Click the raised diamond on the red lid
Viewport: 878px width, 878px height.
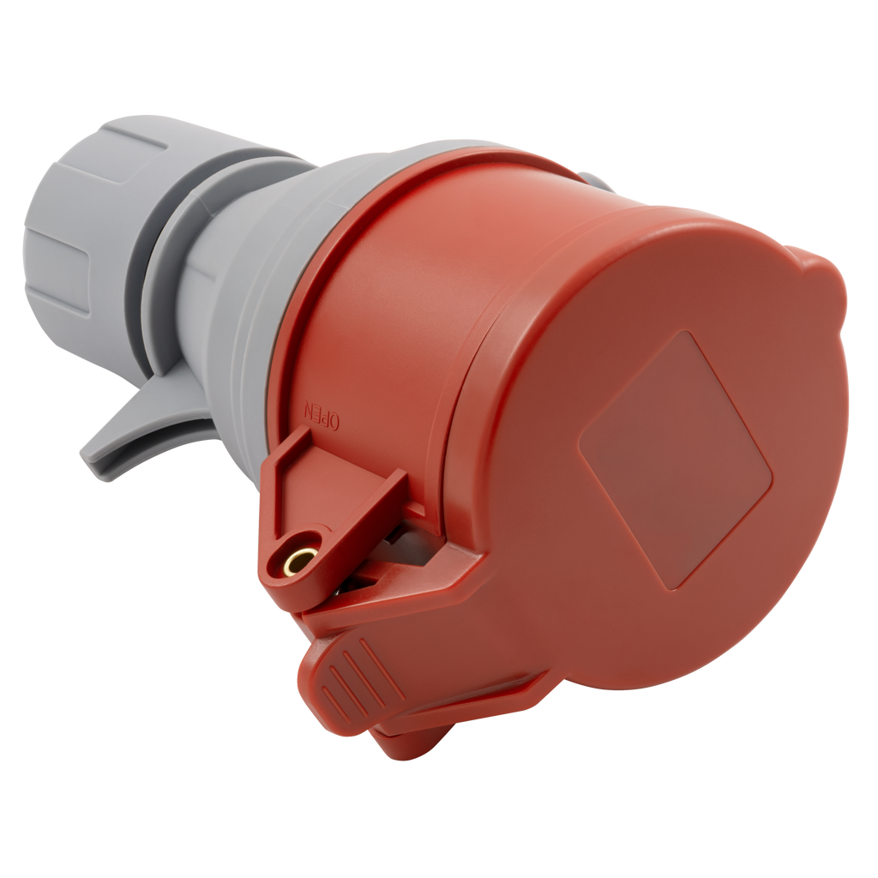(675, 460)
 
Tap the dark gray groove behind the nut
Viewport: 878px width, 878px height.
(147, 268)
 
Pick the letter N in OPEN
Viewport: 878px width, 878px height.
(308, 407)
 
